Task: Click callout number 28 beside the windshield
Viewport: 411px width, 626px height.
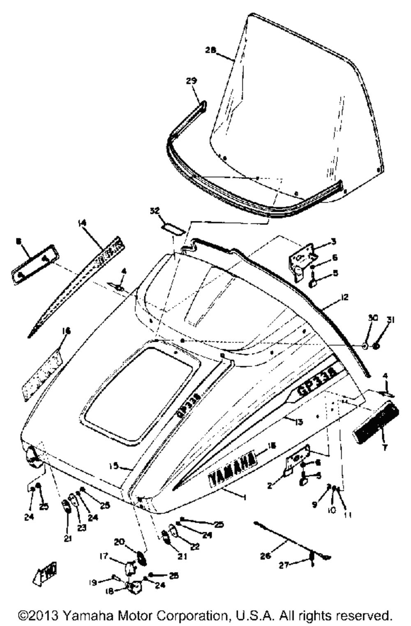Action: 210,50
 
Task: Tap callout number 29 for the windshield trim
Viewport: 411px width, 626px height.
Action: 192,81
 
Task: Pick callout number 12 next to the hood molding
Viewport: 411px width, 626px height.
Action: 344,297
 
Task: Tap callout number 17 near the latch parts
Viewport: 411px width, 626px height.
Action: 103,556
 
